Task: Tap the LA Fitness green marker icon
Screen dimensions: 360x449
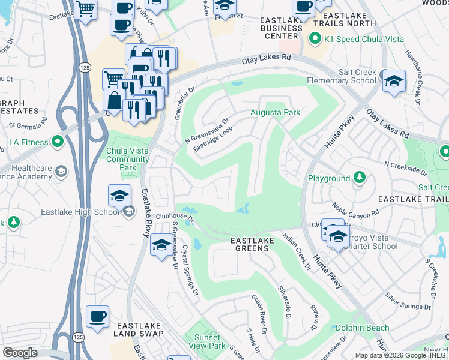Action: point(58,142)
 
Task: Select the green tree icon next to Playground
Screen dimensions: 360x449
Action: point(359,178)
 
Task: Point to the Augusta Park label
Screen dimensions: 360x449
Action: point(275,112)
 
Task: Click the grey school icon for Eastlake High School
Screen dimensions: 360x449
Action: point(128,211)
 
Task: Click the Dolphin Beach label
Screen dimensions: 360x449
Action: point(362,328)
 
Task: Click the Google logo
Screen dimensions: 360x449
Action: point(20,353)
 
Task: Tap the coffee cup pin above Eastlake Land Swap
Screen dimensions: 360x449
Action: point(97,317)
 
